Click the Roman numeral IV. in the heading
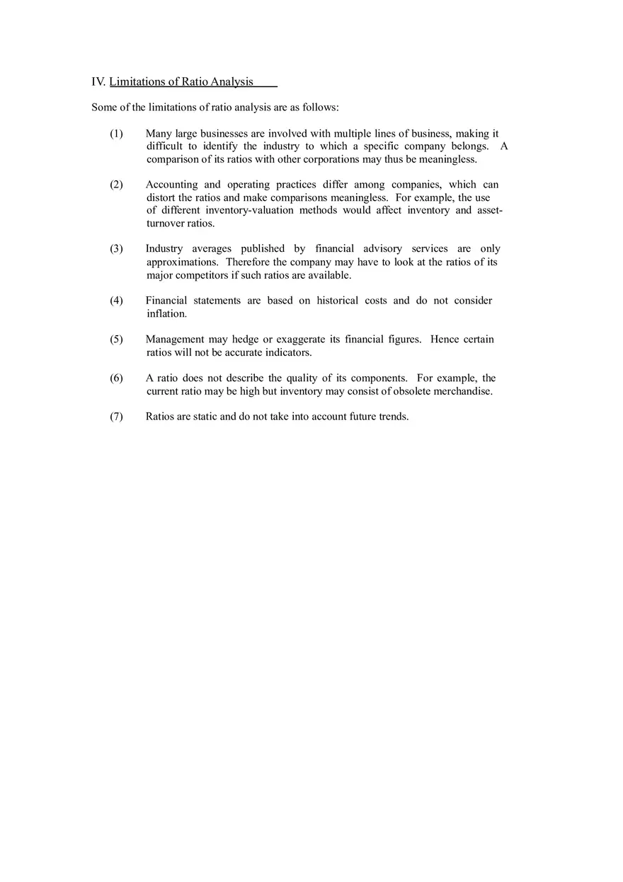pyautogui.click(x=98, y=81)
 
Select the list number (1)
pyautogui.click(x=116, y=134)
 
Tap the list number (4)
pyautogui.click(x=116, y=301)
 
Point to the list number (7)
pyautogui.click(x=116, y=417)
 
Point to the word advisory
pyautogui.click(x=382, y=249)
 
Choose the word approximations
pyautogui.click(x=183, y=262)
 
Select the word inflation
pyautogui.click(x=166, y=313)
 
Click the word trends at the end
pyautogui.click(x=393, y=417)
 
